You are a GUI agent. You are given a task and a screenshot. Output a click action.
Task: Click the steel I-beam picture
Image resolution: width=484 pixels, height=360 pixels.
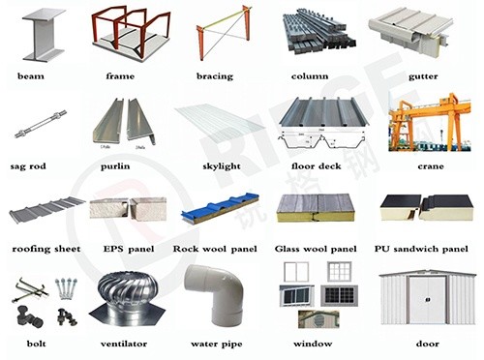(x=42, y=35)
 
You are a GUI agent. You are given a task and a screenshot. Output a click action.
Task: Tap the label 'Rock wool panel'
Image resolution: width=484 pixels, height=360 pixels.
(x=216, y=248)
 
